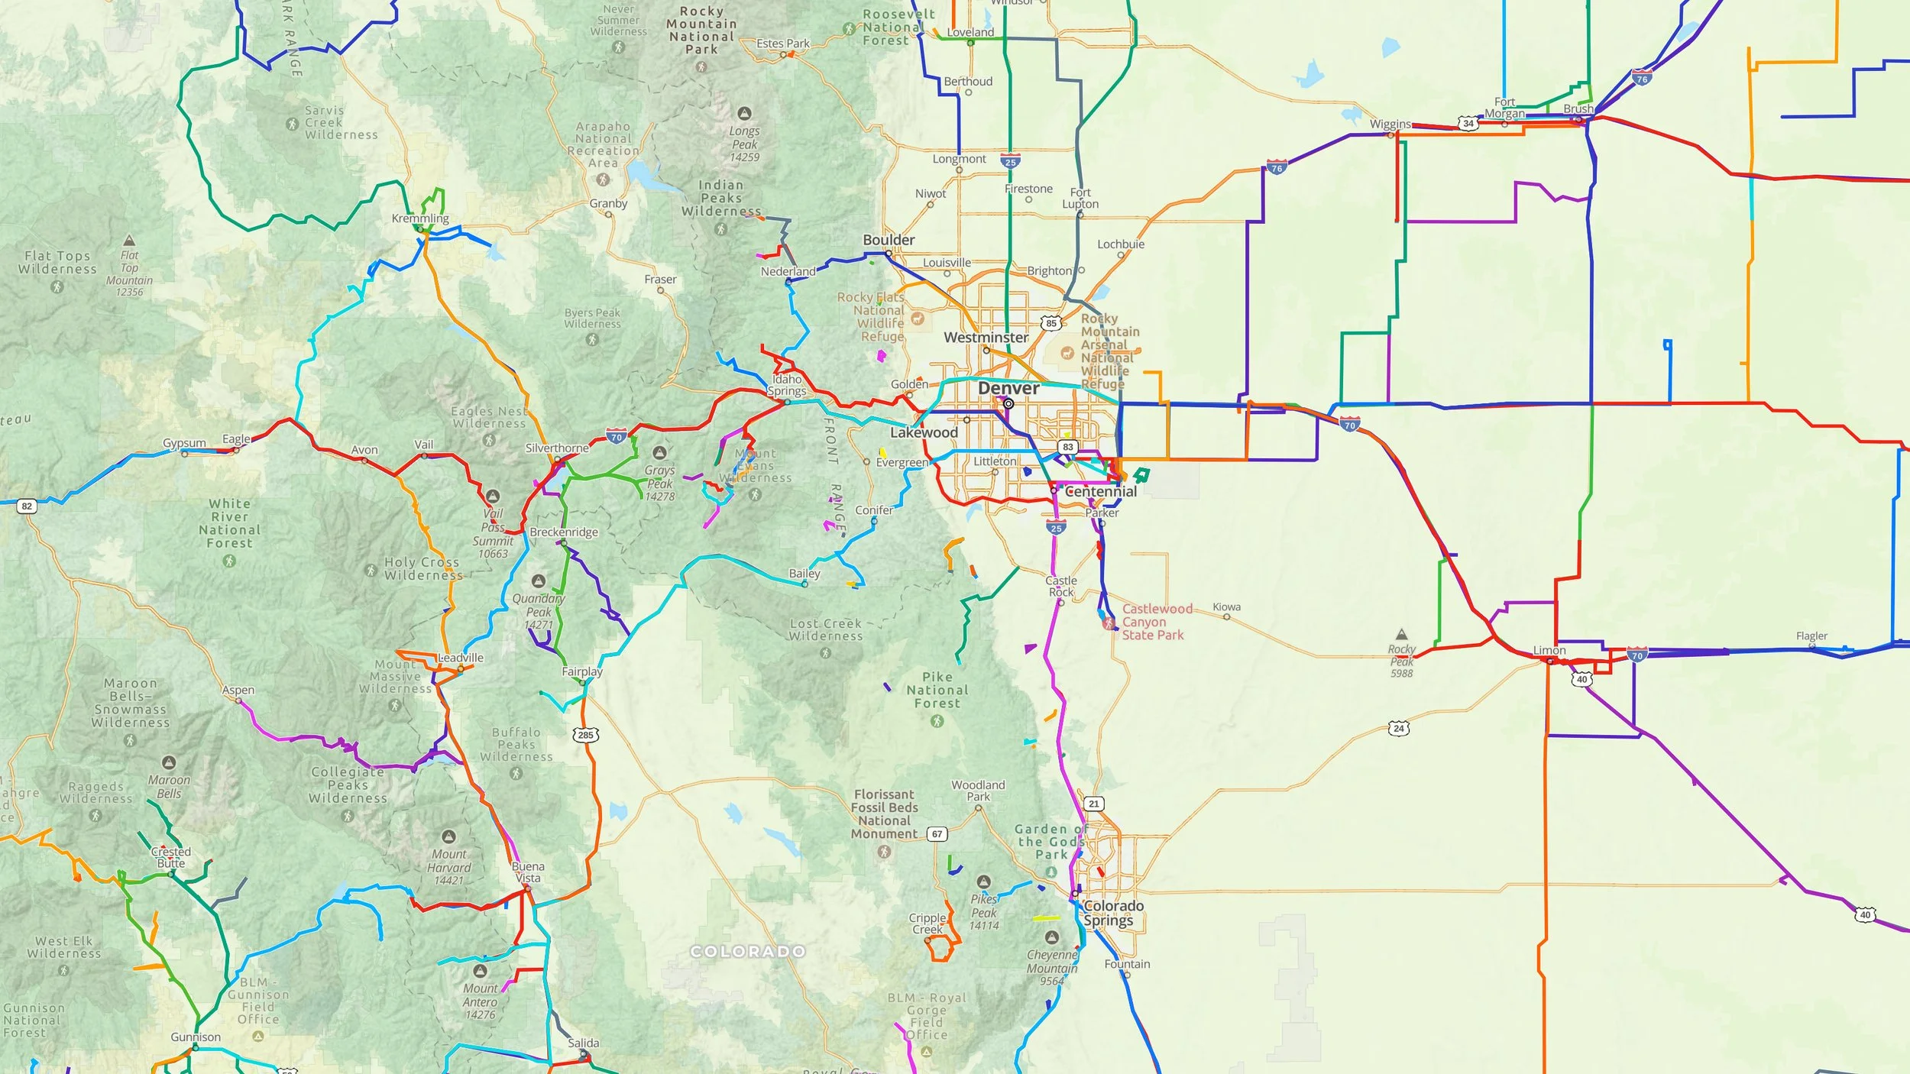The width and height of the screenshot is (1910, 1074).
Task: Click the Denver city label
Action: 1008,388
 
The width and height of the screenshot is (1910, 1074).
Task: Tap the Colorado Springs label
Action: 1112,913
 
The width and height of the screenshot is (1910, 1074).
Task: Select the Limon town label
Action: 1549,650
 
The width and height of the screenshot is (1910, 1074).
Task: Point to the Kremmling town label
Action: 420,218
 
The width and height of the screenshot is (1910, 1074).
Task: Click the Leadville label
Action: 461,658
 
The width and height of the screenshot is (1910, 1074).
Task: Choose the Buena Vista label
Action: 528,872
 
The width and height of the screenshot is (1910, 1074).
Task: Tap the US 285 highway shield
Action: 585,735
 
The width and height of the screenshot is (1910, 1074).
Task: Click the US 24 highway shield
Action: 1398,728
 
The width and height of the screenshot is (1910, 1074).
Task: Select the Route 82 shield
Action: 27,506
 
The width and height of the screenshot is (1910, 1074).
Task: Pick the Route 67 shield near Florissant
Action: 937,833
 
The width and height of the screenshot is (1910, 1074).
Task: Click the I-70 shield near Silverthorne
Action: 617,437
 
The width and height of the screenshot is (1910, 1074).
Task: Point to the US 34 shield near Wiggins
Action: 1468,123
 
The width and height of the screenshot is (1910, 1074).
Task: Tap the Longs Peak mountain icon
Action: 744,113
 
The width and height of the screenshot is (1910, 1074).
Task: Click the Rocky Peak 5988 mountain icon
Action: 1401,634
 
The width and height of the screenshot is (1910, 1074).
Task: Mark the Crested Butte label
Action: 171,857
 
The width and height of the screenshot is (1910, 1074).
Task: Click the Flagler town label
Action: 1811,636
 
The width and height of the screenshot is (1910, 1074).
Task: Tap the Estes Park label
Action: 782,44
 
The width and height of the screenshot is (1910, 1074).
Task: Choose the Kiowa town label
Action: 1226,607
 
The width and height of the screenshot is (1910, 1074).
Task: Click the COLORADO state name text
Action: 747,951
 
